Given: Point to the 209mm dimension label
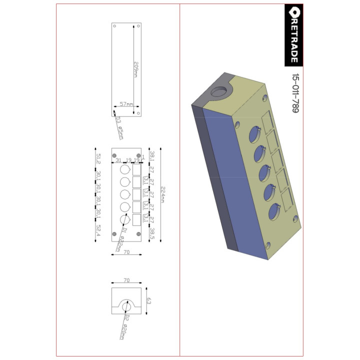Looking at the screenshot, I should click(135, 69).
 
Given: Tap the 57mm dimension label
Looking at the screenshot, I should click(126, 104).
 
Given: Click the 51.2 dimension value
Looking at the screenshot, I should click(99, 159).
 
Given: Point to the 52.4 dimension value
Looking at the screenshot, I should click(99, 230).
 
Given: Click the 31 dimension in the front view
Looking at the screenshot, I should click(118, 160).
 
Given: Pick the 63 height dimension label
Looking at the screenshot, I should click(148, 300).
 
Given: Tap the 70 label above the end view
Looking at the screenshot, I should click(126, 281).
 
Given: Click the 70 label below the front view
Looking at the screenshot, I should click(126, 252).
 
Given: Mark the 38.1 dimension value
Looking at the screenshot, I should click(152, 156).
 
